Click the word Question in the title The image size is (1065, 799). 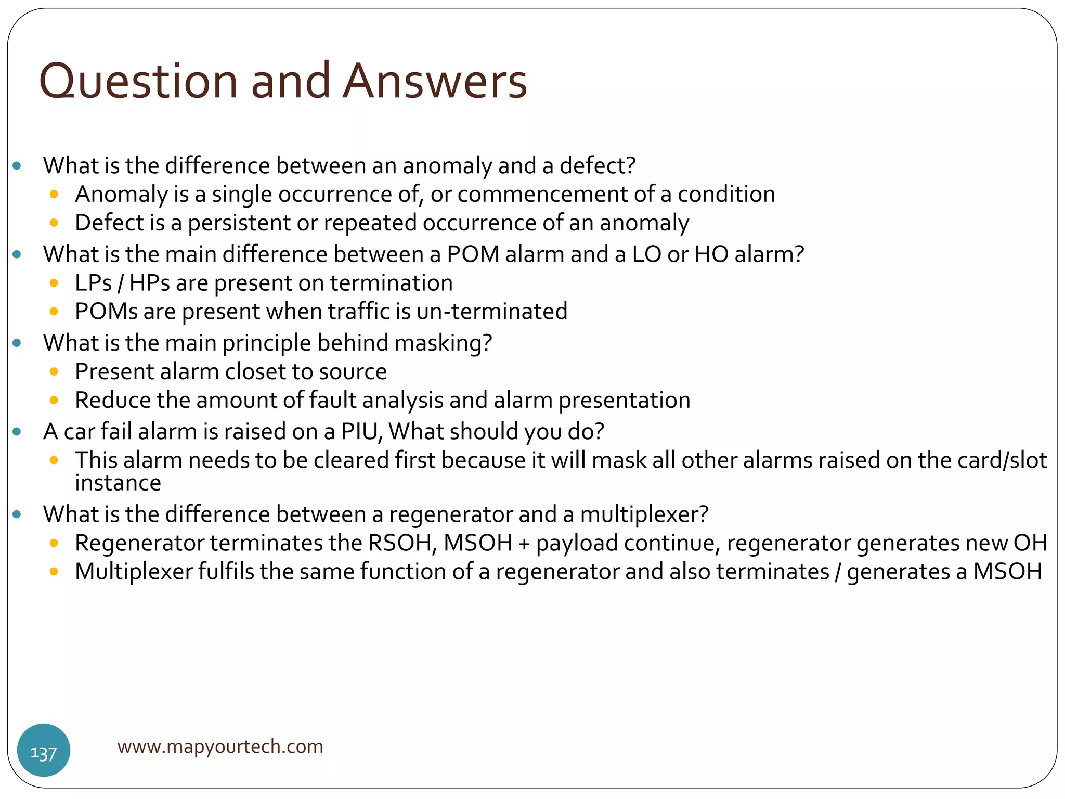138,82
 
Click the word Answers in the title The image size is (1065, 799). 435,82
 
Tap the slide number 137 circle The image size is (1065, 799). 44,750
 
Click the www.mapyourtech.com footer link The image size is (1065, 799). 220,746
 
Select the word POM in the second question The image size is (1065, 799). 473,254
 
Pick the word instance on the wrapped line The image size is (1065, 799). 118,483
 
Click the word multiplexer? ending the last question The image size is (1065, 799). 644,514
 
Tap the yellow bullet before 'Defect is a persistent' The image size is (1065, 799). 54,223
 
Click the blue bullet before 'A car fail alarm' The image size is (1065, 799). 17,432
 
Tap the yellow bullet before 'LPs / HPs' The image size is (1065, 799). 54,283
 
